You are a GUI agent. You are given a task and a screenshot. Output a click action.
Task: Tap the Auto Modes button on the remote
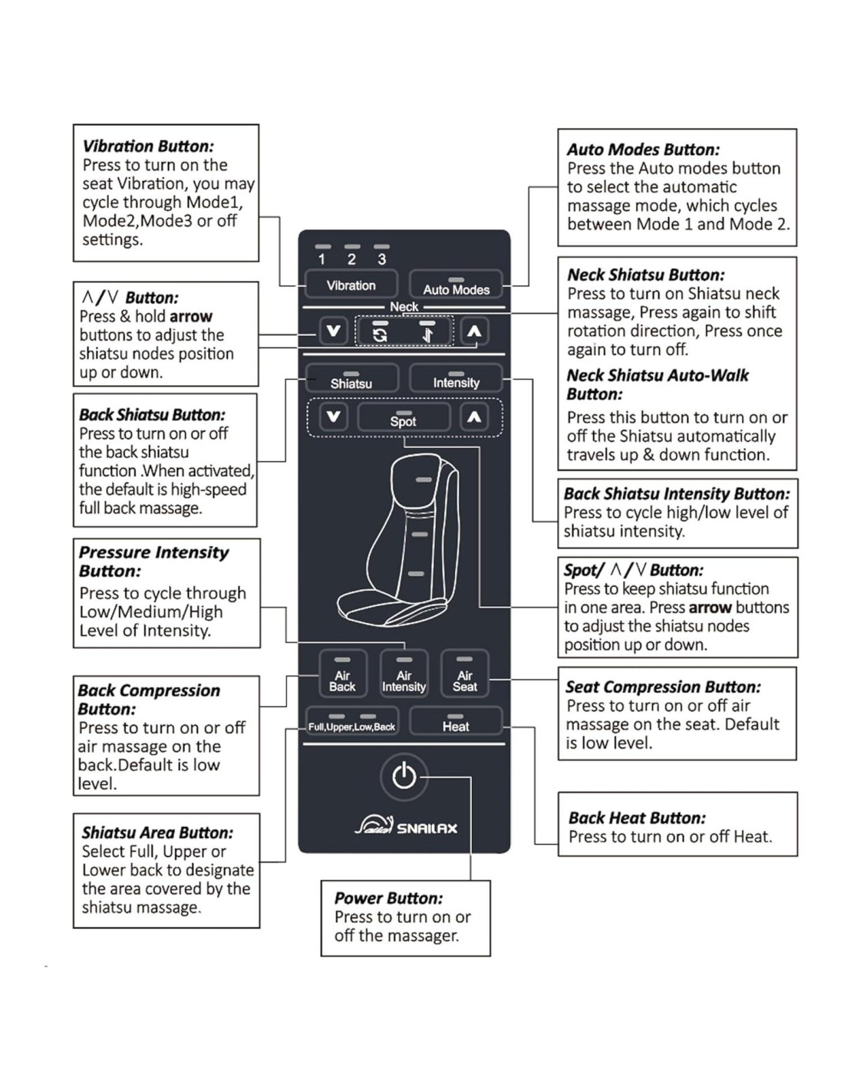[456, 285]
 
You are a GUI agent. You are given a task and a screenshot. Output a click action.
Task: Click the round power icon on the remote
[404, 776]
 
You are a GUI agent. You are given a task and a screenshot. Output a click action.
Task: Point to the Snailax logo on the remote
[406, 826]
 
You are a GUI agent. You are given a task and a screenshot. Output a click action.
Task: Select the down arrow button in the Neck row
[333, 331]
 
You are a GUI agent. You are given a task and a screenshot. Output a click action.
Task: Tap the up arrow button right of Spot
[474, 417]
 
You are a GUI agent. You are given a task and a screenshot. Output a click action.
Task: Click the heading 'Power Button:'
[388, 898]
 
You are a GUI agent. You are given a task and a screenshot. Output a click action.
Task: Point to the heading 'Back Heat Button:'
[637, 818]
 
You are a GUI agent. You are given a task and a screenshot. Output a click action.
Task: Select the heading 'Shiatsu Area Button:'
[157, 832]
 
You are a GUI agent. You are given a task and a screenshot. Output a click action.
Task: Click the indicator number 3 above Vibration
[381, 259]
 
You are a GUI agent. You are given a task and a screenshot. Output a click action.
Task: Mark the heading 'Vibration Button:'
[148, 146]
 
